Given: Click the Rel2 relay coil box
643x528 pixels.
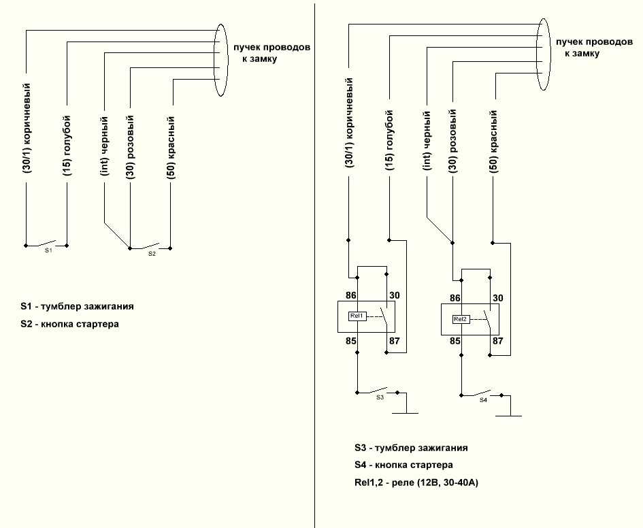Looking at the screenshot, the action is pos(461,319).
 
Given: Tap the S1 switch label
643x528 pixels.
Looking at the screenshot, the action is pos(48,250).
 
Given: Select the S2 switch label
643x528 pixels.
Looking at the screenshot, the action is pos(152,253).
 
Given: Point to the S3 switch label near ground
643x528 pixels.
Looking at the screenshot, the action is pos(380,397).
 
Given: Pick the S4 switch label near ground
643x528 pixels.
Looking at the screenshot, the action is pos(484,400).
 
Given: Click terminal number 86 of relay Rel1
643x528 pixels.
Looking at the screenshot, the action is pos(350,295).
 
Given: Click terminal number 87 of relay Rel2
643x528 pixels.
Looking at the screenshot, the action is pos(498,341).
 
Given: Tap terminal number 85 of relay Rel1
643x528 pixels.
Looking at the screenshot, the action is pos(350,341).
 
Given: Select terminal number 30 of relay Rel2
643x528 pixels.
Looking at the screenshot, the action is pos(498,298).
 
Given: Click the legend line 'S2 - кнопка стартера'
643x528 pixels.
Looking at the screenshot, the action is pos(69,324).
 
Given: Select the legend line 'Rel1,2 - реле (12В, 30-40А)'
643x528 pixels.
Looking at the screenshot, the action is pos(416,483).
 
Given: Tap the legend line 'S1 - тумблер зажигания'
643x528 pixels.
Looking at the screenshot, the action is pos(77,306).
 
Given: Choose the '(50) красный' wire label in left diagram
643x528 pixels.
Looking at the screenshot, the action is pos(171,148).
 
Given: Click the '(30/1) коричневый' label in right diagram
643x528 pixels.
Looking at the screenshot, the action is pos(349,123).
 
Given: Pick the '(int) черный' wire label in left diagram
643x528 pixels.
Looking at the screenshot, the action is pos(105,146).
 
